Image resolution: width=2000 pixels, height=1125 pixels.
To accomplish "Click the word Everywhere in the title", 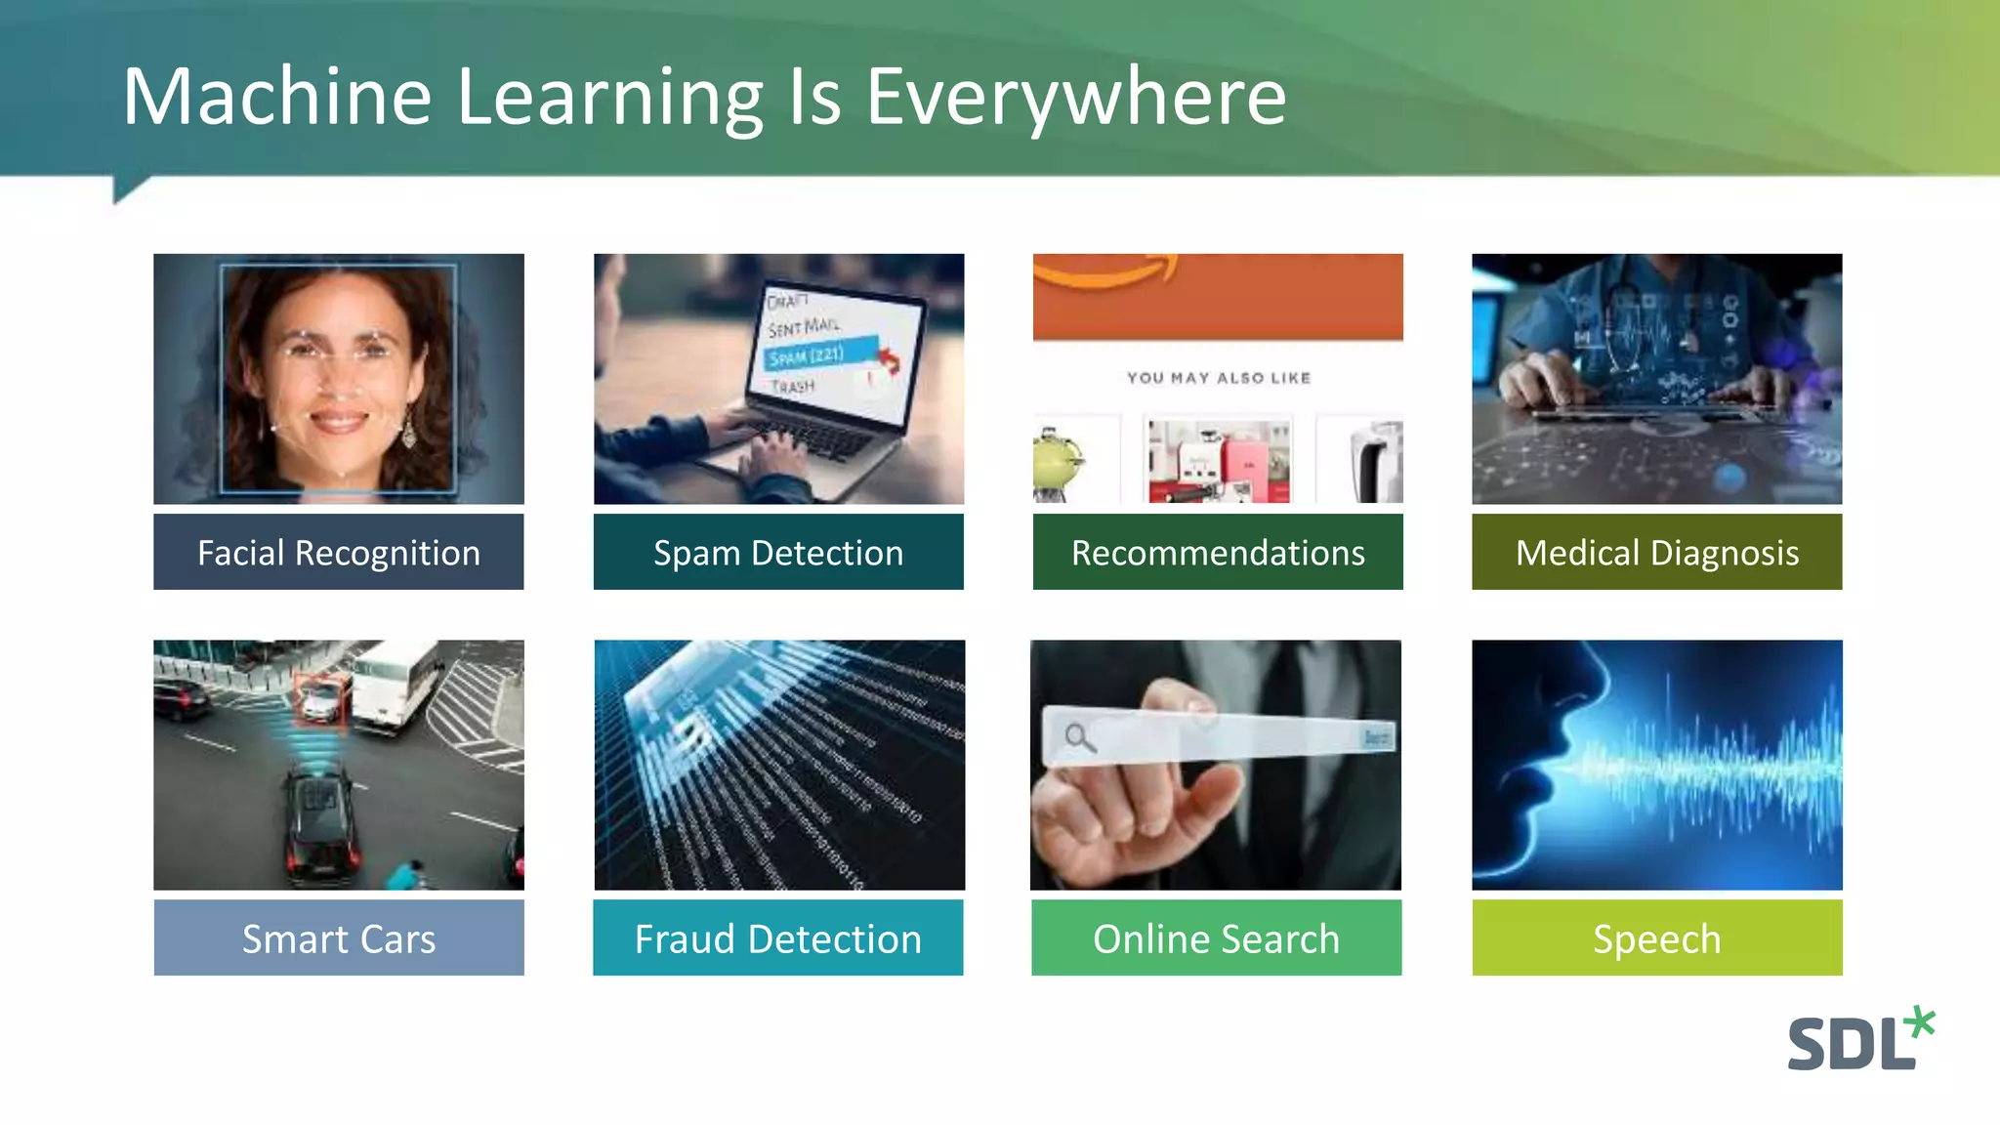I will [x=1075, y=97].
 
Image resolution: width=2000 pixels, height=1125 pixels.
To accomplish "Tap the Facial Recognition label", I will [x=338, y=553].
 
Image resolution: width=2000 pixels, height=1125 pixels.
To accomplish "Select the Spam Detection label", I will [x=778, y=553].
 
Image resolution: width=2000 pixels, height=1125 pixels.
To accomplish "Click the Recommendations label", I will [x=1218, y=553].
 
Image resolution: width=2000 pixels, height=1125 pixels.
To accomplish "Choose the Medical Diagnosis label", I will [x=1656, y=553].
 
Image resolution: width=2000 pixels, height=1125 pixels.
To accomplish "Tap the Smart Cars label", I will [x=338, y=938].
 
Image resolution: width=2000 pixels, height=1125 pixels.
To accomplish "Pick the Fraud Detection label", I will [x=778, y=938].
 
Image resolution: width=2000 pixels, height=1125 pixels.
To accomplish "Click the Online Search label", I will [x=1216, y=938].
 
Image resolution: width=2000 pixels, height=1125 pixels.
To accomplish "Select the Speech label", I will [x=1656, y=938].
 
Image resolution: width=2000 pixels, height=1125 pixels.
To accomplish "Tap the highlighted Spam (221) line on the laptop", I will [x=808, y=355].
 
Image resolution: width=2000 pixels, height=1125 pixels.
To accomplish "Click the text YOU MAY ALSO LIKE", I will [x=1218, y=378].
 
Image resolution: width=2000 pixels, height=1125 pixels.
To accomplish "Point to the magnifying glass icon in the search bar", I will [x=1078, y=737].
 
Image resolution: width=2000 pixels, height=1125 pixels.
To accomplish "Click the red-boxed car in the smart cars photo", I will [x=320, y=699].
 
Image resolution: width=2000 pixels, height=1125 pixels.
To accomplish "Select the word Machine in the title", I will [x=276, y=97].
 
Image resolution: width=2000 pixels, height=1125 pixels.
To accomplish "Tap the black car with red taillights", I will [x=320, y=825].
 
